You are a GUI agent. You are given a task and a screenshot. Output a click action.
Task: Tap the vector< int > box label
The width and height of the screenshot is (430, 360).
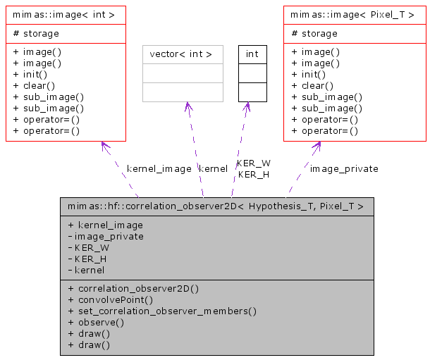click(181, 54)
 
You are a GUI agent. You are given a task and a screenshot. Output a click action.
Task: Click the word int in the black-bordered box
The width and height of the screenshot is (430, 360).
click(252, 54)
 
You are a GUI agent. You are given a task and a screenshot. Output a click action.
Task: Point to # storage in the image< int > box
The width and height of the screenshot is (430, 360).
click(37, 33)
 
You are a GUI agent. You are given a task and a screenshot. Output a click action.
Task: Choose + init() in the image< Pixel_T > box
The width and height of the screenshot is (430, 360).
click(308, 74)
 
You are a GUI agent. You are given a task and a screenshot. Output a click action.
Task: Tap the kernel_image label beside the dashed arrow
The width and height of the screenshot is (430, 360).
click(159, 169)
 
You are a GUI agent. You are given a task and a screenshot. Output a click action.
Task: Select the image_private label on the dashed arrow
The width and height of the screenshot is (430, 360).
click(344, 169)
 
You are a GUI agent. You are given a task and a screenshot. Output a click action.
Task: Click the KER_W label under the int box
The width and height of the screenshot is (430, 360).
click(253, 163)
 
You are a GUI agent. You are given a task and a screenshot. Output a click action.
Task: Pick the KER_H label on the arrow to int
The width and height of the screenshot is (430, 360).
click(253, 174)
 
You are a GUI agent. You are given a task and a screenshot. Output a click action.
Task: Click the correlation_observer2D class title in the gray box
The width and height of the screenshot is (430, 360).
click(216, 206)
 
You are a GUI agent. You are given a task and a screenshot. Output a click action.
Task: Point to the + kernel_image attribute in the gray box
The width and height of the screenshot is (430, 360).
click(105, 225)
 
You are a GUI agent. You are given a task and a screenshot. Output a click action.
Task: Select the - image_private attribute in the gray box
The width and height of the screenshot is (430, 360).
click(106, 236)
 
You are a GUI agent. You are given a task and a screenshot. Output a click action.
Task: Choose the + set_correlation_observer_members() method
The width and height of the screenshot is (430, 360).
click(162, 311)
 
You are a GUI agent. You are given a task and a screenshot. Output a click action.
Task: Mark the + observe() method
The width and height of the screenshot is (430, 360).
click(96, 322)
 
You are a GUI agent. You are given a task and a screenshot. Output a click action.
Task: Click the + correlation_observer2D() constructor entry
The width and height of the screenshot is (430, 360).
click(133, 288)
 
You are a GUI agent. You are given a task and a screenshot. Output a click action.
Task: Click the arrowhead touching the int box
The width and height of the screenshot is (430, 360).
click(247, 106)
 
